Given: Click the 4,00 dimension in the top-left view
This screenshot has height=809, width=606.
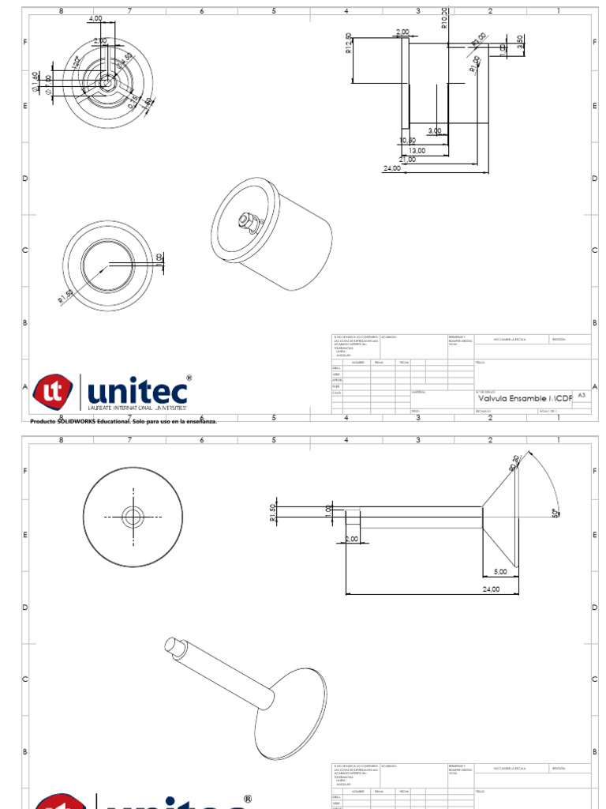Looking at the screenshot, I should (95, 18).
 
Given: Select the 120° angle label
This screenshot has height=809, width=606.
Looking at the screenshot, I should (76, 62).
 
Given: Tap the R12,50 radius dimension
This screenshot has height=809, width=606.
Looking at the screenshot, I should (349, 44).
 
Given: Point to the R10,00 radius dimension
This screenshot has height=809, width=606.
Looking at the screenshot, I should (444, 18).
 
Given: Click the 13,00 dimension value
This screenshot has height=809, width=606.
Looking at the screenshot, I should (417, 150).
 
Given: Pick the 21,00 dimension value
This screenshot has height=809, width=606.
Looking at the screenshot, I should (407, 159).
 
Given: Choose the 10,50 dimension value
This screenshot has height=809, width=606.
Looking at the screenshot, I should (407, 141).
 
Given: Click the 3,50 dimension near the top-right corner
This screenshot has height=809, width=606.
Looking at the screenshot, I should (520, 40).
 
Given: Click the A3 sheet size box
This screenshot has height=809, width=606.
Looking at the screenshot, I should (582, 394).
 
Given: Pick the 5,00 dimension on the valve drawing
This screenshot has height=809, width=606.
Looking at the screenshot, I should (500, 571).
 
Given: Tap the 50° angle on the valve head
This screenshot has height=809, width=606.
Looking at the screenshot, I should (555, 512).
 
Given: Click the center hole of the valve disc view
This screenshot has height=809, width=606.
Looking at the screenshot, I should (133, 517).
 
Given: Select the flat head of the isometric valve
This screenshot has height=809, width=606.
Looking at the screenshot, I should (292, 707).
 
